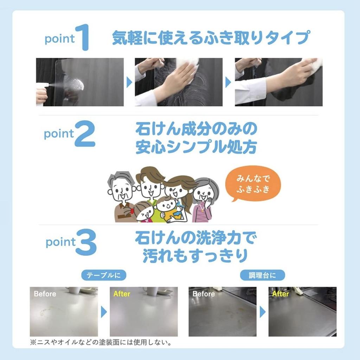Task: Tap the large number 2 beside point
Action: pyautogui.click(x=85, y=134)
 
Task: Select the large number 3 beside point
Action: pyautogui.click(x=86, y=242)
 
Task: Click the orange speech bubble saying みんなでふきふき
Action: pyautogui.click(x=253, y=184)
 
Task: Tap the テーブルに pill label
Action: pyautogui.click(x=104, y=275)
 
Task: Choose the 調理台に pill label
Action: pyautogui.click(x=262, y=275)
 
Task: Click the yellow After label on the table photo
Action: pyautogui.click(x=122, y=294)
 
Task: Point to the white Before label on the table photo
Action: pyautogui.click(x=45, y=294)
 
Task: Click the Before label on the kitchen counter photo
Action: pyautogui.click(x=204, y=294)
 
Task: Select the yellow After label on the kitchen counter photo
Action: pyautogui.click(x=280, y=294)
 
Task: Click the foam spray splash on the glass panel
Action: pyautogui.click(x=77, y=85)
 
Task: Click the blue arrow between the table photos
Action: pyautogui.click(x=104, y=312)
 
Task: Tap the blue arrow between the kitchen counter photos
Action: pyautogui.click(x=263, y=312)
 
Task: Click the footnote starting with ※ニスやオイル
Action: pyautogui.click(x=101, y=342)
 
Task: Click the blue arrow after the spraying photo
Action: pyautogui.click(x=129, y=82)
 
